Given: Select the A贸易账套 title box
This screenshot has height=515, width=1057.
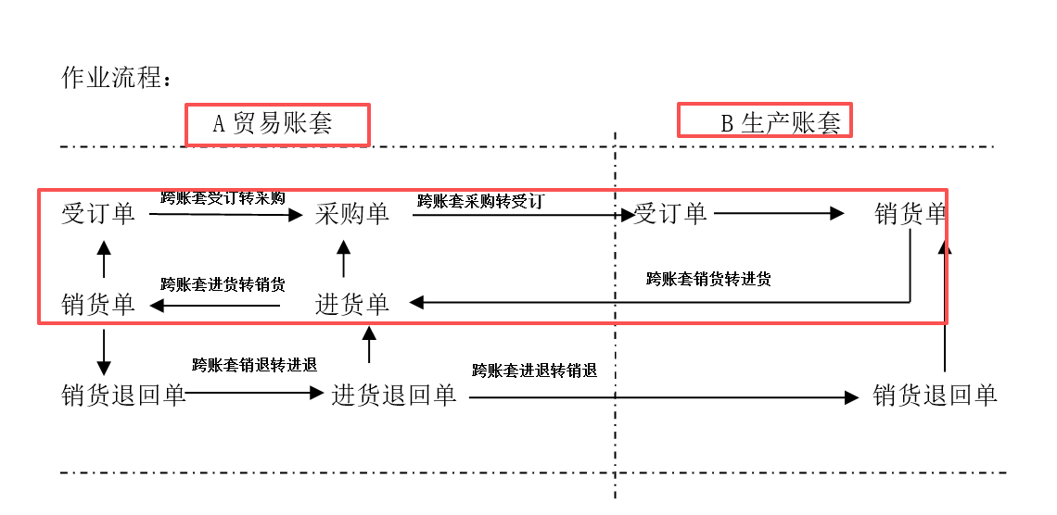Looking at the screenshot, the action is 278,124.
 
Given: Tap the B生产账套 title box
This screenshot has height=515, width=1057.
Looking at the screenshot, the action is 764,120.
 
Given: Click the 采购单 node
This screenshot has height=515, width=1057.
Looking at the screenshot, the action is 352,214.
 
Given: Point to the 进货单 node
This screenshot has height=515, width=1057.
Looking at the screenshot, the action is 352,305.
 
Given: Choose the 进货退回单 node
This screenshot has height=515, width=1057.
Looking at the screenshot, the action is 394,396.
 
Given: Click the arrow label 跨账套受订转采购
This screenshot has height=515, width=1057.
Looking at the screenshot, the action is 223,198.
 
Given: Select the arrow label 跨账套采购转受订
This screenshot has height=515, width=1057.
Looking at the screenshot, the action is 480,201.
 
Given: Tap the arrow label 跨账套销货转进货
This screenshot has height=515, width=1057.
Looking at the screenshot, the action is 708,279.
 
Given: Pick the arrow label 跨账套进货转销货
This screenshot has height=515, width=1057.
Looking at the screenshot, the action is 223,284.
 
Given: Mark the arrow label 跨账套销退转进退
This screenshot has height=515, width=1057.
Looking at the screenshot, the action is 255,366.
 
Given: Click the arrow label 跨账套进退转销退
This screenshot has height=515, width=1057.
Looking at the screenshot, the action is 535,371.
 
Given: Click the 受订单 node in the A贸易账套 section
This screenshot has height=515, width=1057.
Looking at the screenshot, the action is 98,214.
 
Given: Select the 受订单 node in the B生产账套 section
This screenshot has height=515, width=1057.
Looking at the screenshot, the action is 670,214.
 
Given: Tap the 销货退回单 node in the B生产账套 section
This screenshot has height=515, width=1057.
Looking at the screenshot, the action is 935,396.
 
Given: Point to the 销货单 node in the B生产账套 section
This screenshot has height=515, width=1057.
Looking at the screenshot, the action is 911,214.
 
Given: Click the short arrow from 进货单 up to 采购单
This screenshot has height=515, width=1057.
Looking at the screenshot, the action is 344,258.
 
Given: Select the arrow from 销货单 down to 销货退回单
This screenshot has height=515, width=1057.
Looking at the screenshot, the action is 103,352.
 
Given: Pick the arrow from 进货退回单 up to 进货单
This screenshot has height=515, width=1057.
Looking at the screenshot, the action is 369,344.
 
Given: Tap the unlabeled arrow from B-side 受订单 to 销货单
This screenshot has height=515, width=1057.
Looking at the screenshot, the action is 779,214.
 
